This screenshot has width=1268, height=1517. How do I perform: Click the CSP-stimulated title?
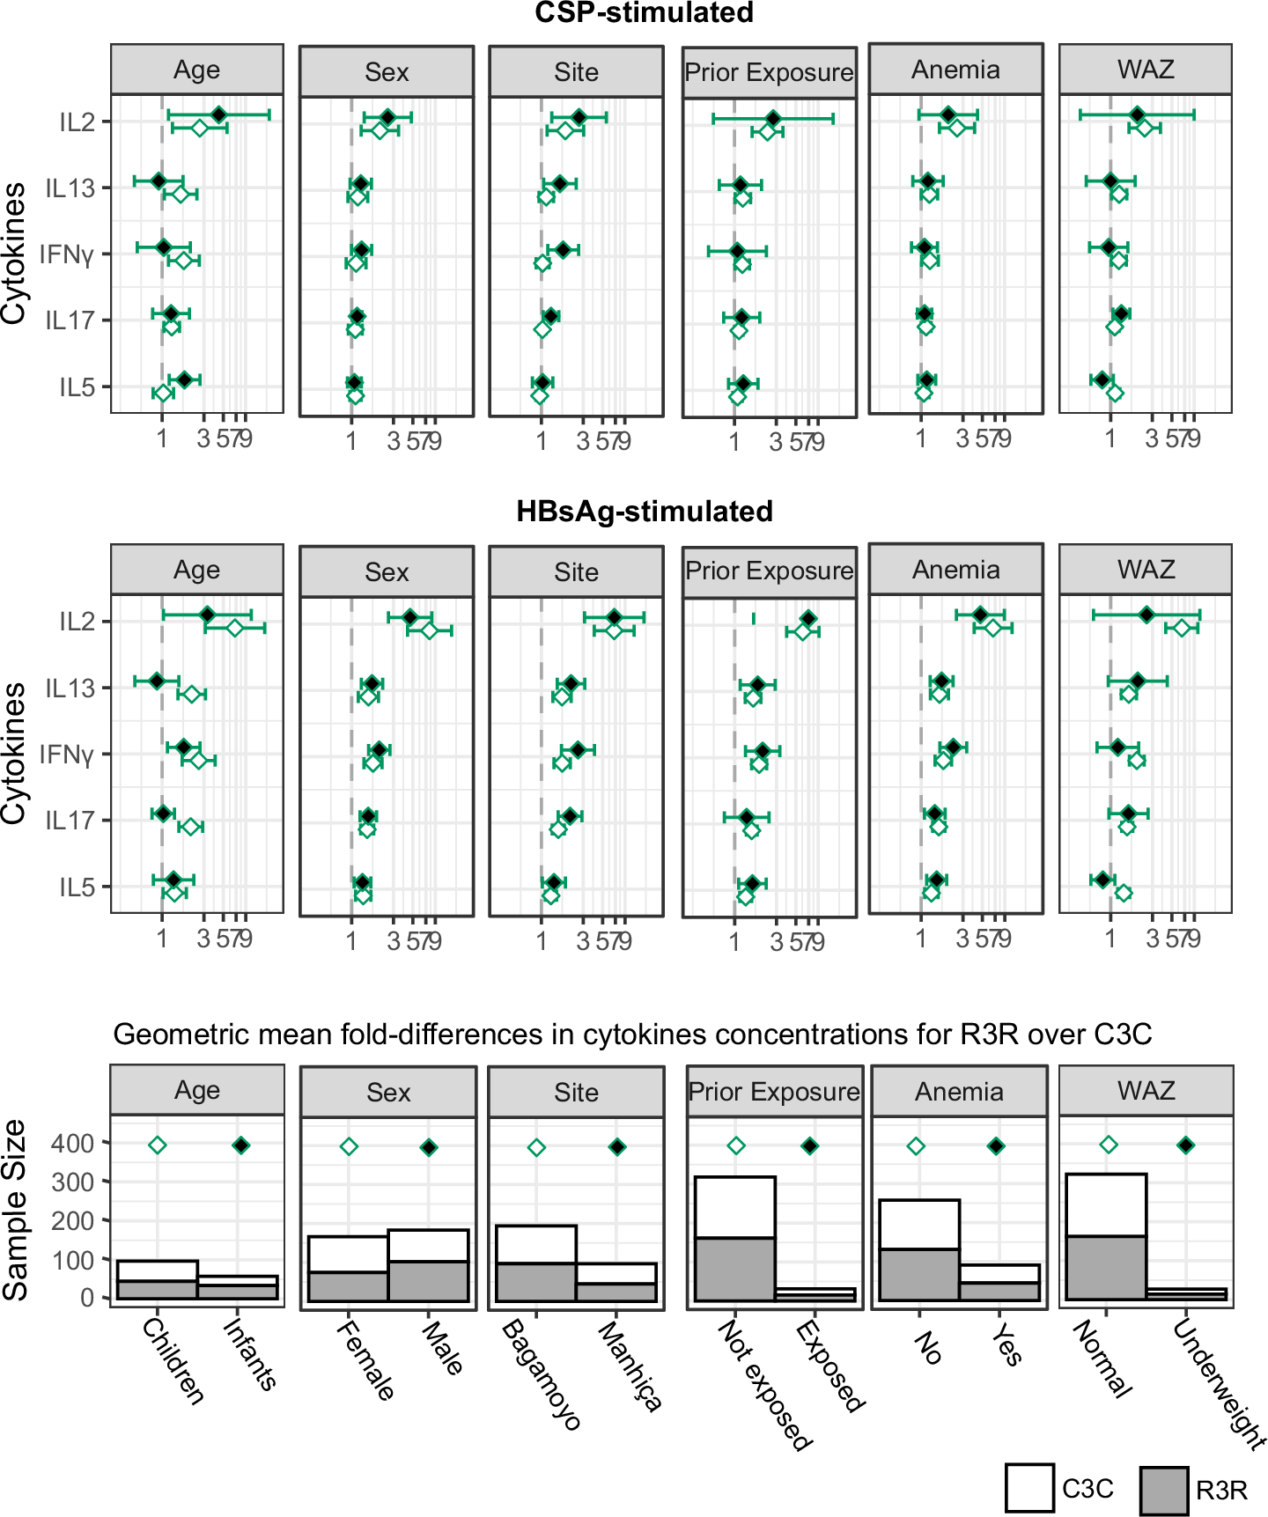(x=644, y=13)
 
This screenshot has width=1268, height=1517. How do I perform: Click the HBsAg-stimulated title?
(x=644, y=512)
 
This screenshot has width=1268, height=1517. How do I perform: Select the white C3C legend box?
(x=1029, y=1488)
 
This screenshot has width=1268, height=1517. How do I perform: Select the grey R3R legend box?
(x=1163, y=1490)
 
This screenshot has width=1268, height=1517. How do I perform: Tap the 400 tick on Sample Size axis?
(x=73, y=1144)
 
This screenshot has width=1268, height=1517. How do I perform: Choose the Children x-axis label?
(x=173, y=1360)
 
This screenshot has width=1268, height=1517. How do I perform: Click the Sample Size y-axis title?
(x=16, y=1210)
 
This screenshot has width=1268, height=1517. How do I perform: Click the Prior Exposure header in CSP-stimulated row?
(x=769, y=72)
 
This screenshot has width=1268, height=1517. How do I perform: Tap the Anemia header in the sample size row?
(x=959, y=1092)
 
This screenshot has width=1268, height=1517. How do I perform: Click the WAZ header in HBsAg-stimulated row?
(x=1146, y=570)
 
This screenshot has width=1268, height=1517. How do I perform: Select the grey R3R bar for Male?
(x=428, y=1280)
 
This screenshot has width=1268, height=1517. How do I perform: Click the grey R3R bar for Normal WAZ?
(x=1106, y=1267)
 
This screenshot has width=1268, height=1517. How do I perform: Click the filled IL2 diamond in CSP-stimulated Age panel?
(x=218, y=114)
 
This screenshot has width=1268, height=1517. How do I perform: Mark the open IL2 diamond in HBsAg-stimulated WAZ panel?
(x=1182, y=628)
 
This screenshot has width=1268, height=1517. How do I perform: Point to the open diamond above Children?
(x=158, y=1145)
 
